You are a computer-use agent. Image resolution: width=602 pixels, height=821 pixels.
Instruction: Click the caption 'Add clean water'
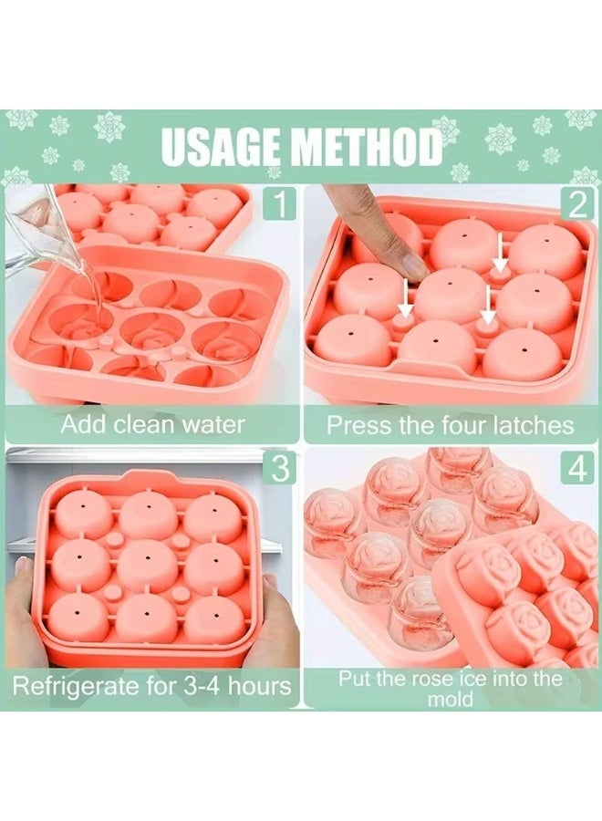(x=152, y=424)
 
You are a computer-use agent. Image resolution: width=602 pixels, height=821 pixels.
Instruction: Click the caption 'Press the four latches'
(x=451, y=424)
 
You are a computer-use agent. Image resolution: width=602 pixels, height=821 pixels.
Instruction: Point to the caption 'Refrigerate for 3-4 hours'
(x=152, y=685)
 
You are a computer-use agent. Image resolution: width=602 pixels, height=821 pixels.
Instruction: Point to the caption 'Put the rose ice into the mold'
(x=451, y=689)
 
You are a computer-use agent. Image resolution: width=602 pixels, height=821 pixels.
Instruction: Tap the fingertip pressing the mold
(x=408, y=264)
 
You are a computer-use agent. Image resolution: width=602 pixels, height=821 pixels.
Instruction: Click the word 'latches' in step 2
(x=532, y=424)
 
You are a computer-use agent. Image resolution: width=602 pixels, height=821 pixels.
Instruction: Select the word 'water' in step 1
(x=214, y=424)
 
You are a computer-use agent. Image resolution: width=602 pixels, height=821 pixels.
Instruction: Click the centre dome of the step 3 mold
(x=148, y=565)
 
